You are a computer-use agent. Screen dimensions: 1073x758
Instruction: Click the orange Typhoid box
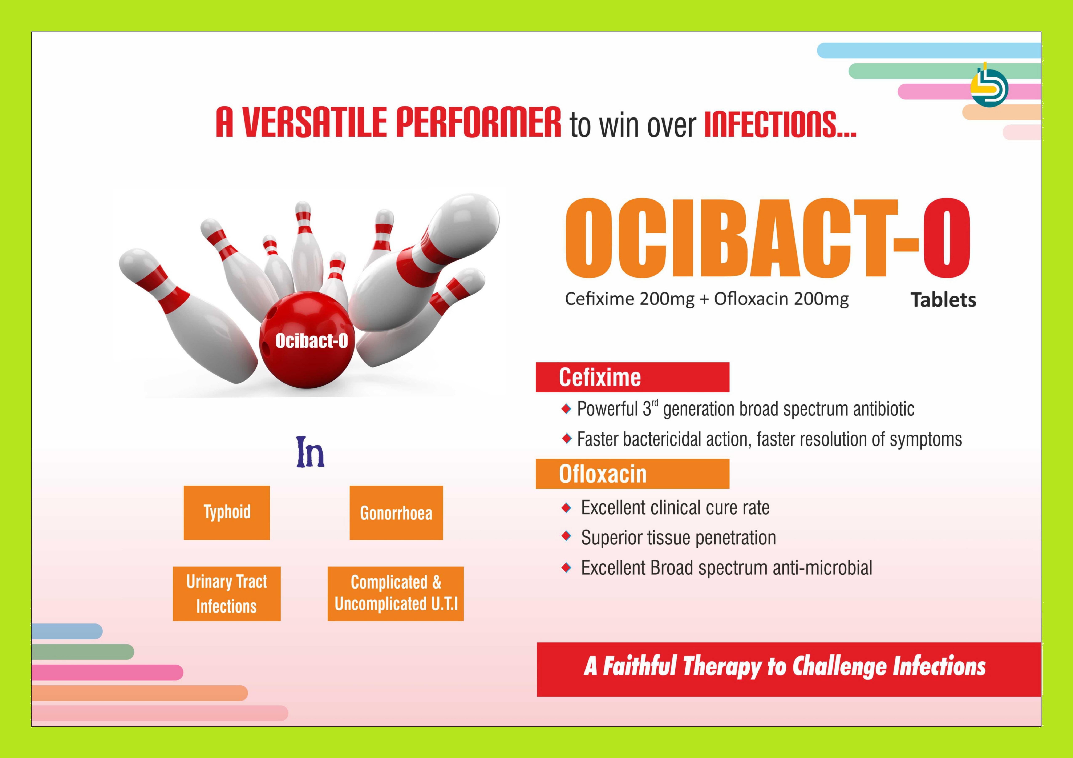point(227,512)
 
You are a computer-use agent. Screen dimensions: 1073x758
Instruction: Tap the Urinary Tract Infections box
point(227,593)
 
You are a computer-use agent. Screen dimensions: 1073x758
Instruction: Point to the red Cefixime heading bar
point(632,377)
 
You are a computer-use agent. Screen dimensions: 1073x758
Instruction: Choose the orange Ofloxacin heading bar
point(632,474)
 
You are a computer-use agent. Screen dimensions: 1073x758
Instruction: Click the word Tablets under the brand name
point(943,300)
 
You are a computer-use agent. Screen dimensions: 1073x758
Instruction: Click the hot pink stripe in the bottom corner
point(108,673)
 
